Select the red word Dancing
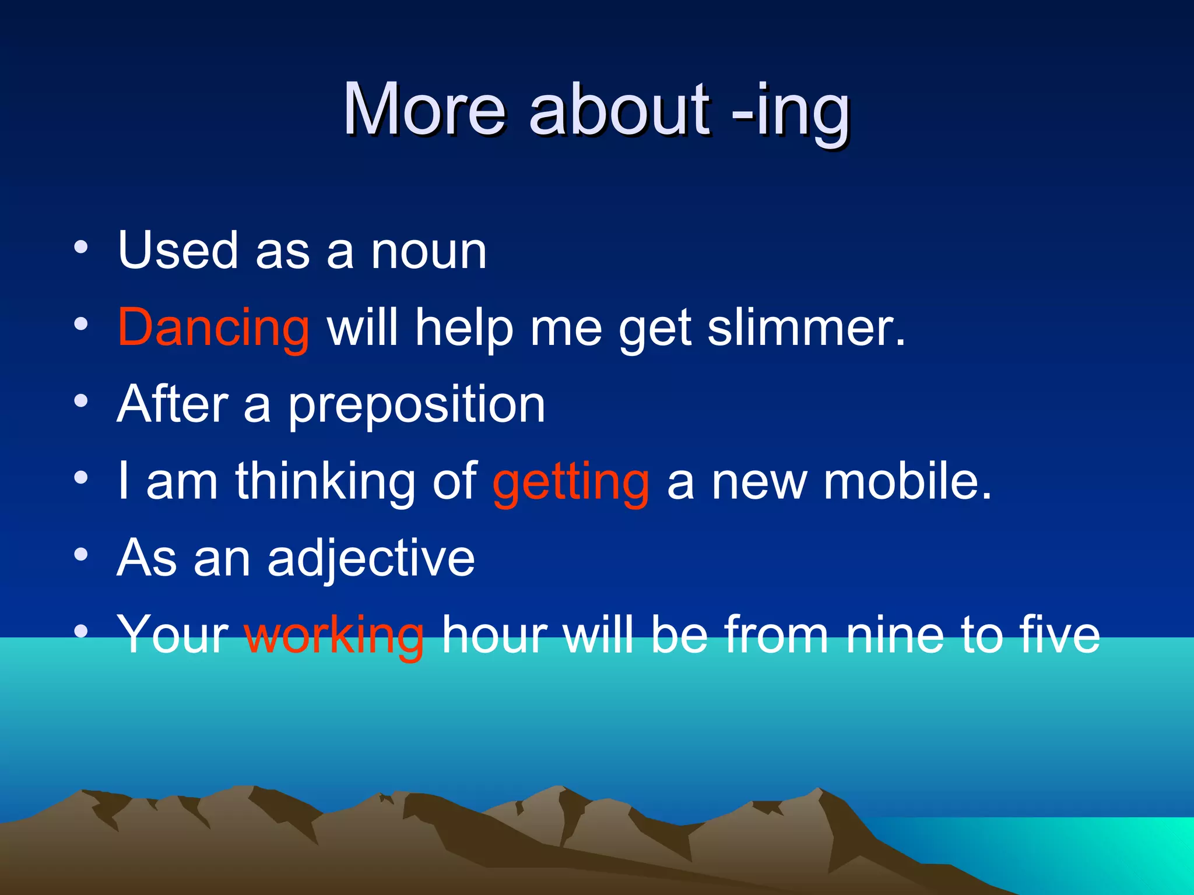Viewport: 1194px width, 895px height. pos(213,328)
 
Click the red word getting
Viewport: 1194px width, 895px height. pos(571,482)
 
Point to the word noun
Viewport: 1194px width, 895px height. pos(429,252)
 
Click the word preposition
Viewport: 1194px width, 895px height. pos(417,406)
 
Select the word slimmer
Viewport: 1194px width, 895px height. pos(806,328)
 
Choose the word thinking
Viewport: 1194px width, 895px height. pos(325,482)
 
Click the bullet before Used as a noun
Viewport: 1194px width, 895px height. pos(81,247)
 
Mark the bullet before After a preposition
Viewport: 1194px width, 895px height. pos(81,401)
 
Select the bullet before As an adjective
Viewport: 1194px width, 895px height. pos(81,555)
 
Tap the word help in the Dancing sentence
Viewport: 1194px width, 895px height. pos(464,328)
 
